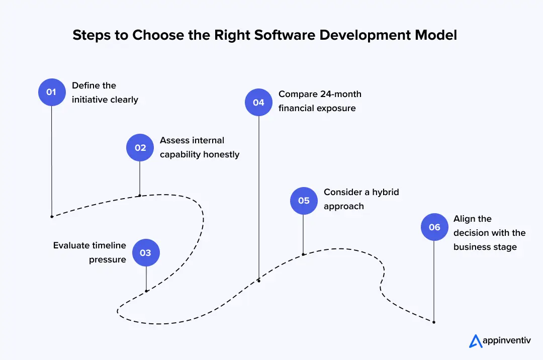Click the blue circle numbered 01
coord(52,92)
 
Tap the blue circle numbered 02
coord(140,147)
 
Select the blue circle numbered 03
coord(146,252)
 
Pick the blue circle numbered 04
coord(258,103)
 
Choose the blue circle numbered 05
coord(304,201)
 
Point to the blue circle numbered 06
coord(434,227)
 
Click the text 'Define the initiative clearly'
coord(105,93)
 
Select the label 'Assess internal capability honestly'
coord(199,147)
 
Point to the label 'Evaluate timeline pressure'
coord(89,252)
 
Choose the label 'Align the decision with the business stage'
coord(489,233)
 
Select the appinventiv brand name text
coord(507,341)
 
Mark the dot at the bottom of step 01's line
coord(52,217)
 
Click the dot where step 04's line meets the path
coord(259,281)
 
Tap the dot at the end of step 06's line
coord(434,322)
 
